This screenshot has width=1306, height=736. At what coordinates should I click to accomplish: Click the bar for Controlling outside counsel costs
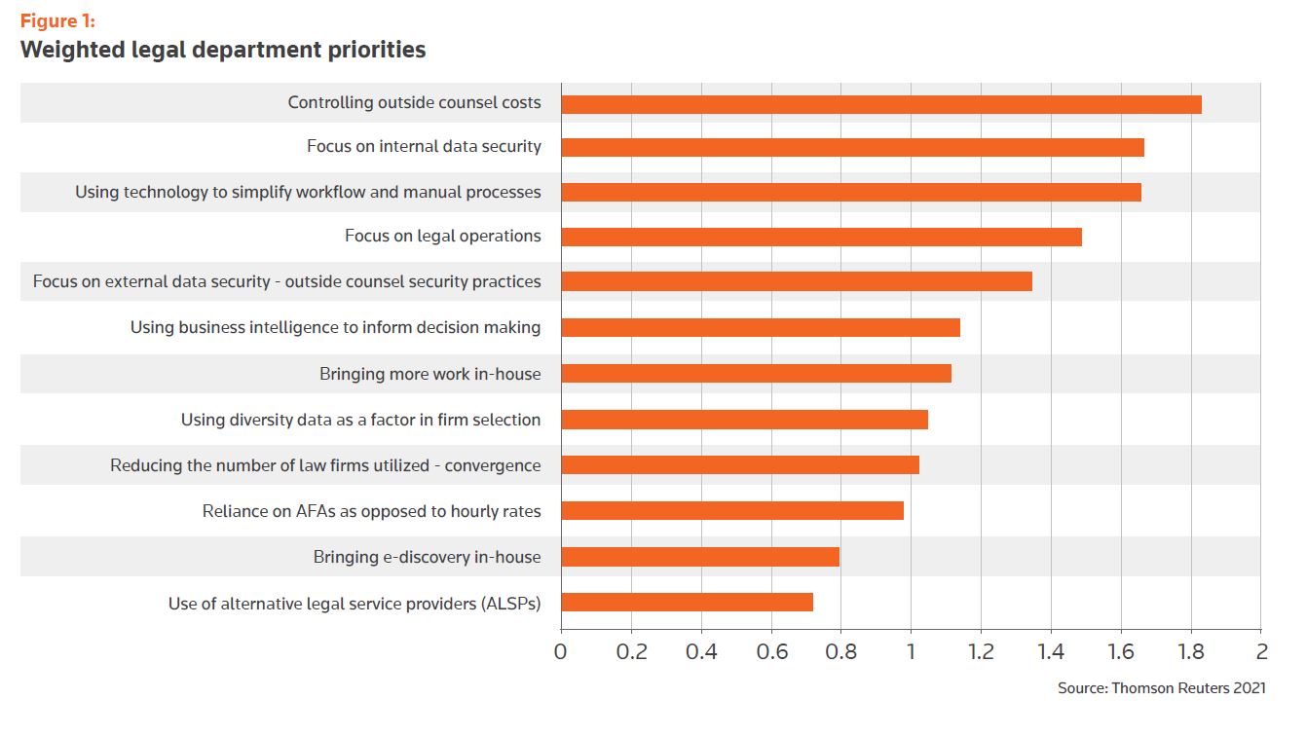[881, 104]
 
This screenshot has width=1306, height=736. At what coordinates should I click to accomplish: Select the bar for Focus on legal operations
[821, 237]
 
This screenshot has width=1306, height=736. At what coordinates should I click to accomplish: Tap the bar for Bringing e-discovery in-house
[700, 557]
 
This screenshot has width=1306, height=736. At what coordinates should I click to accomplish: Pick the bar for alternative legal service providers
[687, 603]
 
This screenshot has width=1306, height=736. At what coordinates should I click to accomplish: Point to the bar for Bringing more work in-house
[756, 373]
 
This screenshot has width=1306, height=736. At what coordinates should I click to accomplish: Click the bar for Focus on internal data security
[852, 148]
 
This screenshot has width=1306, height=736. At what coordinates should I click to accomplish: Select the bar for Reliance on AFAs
[732, 510]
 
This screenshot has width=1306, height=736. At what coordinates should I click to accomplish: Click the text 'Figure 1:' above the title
[57, 21]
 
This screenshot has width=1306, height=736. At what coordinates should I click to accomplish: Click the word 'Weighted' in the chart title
[67, 50]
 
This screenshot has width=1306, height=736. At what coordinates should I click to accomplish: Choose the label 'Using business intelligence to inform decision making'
[335, 327]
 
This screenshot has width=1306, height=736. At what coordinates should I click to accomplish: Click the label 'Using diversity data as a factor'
[360, 420]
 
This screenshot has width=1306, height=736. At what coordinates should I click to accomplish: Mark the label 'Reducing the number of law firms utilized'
[325, 465]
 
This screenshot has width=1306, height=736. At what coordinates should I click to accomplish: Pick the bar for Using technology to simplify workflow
[850, 192]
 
